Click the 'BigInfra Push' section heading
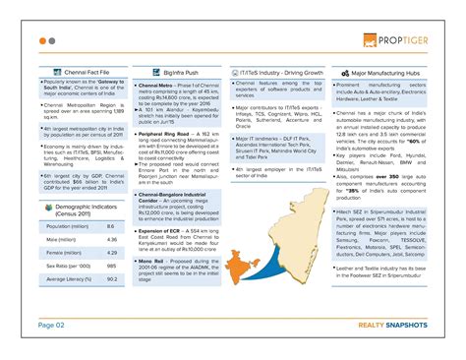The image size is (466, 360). click(x=182, y=73)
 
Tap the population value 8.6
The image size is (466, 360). click(x=110, y=226)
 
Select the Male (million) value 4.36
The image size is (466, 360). click(x=111, y=239)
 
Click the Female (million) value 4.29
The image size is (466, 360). click(x=111, y=253)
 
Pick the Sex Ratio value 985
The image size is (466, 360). click(x=111, y=266)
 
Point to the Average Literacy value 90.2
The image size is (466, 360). click(x=111, y=279)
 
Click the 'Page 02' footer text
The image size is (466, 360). click(x=51, y=324)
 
